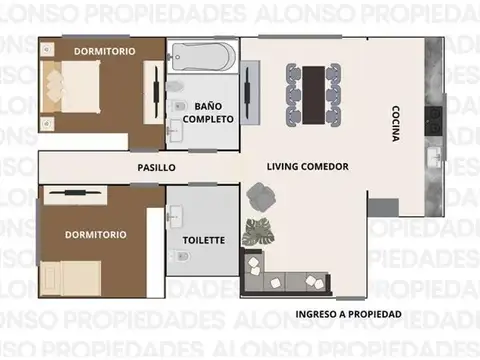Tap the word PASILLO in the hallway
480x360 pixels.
pos(156,168)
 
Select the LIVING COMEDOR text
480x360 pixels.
pos(307,167)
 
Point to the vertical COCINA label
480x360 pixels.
pos(396,124)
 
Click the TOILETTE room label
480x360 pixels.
pos(203,240)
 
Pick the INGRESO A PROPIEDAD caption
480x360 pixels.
pos(348,314)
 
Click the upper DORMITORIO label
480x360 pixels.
pos(105,49)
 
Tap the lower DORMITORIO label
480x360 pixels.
pos(96,234)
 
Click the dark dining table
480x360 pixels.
pos(312,90)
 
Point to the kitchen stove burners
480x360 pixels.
pos(435,119)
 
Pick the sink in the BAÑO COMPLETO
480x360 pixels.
pos(176,127)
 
